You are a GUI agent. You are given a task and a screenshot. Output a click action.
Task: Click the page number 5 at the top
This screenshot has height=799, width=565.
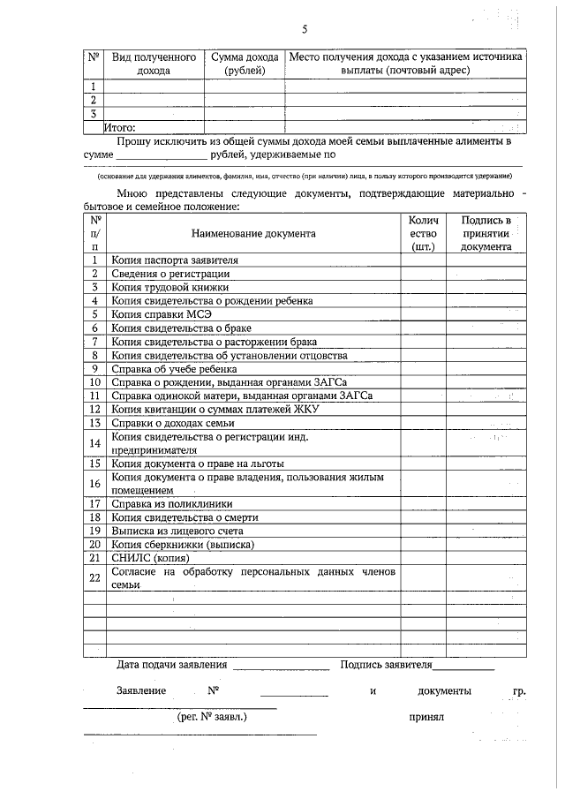point(304,30)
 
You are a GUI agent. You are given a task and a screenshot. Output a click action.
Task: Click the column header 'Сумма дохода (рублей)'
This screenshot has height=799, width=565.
point(245,63)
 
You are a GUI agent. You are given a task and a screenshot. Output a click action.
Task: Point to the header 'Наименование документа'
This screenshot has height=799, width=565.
point(252,234)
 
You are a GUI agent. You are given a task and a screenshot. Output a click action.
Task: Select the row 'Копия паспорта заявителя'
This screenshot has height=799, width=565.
point(174,260)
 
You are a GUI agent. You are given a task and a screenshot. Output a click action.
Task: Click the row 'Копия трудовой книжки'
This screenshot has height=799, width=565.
point(169,287)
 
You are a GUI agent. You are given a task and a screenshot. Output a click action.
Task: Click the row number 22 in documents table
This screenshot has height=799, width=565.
point(94,578)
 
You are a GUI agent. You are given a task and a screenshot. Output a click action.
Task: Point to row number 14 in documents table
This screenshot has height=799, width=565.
point(94,443)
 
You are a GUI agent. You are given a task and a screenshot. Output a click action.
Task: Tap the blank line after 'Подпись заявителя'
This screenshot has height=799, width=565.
point(463,666)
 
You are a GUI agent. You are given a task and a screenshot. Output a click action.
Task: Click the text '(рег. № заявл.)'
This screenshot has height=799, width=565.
point(212,717)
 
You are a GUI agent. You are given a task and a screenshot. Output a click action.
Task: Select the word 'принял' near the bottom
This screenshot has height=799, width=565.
point(426,718)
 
